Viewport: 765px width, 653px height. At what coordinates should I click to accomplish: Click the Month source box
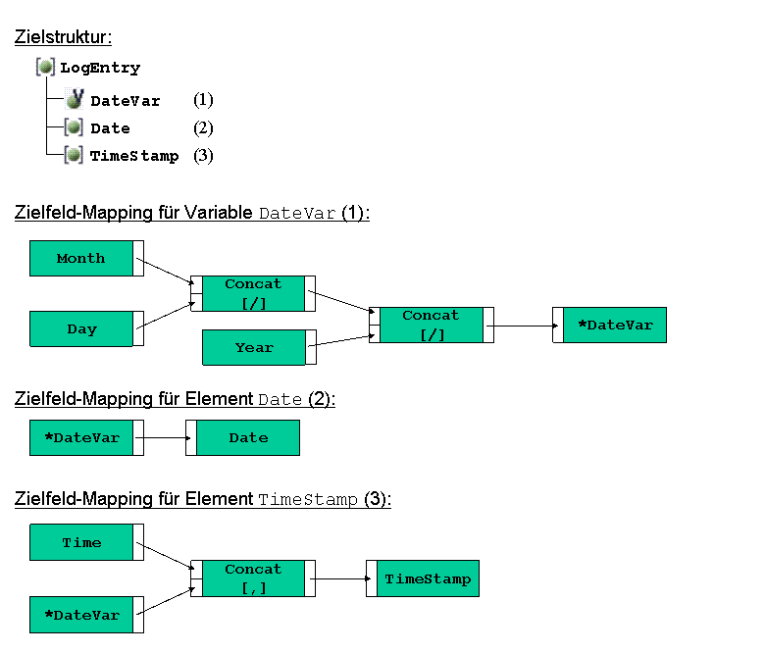[87, 259]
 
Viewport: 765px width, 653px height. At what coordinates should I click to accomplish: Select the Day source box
[87, 328]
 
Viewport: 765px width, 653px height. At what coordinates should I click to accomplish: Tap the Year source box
[259, 347]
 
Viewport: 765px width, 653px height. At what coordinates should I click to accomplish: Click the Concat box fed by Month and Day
[253, 293]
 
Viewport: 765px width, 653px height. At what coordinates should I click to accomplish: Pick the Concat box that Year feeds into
[432, 325]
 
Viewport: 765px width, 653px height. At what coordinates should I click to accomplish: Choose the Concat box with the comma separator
[253, 578]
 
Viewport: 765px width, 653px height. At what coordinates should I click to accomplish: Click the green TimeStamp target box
[423, 578]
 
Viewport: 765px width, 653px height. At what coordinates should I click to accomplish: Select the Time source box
[87, 542]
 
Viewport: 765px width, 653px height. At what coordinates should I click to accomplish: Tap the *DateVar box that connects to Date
[87, 438]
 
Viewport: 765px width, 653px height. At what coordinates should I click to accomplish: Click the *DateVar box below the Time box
[87, 615]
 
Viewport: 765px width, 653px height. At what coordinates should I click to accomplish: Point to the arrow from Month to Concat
[166, 271]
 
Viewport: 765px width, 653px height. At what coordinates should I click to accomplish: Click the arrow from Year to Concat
[342, 340]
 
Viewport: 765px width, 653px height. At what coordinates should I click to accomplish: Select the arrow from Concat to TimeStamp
[340, 578]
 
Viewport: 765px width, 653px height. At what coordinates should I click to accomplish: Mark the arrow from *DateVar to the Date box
[163, 438]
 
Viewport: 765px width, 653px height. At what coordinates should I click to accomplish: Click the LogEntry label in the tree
[100, 68]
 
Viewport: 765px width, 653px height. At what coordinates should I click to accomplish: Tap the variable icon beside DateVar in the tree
[75, 99]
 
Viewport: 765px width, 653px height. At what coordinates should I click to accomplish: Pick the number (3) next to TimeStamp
[203, 156]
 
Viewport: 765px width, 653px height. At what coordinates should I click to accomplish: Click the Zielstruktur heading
[63, 37]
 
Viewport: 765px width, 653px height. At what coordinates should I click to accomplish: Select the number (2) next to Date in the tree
[203, 128]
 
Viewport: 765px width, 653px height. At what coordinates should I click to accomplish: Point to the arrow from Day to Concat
[166, 316]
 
